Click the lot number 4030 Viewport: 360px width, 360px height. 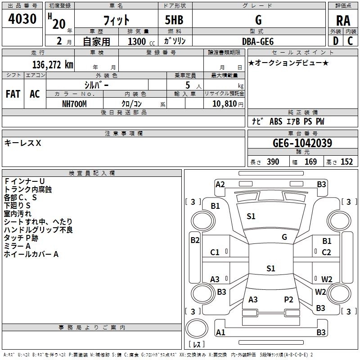pyautogui.click(x=22, y=18)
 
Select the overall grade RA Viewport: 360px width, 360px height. pyautogui.click(x=343, y=21)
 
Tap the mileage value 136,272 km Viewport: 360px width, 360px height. pyautogui.click(x=53, y=65)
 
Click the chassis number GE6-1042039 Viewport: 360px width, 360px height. pyautogui.click(x=302, y=143)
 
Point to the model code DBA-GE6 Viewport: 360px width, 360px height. pyautogui.click(x=258, y=41)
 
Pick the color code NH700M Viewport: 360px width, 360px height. pyautogui.click(x=74, y=104)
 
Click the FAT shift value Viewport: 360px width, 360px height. pyautogui.click(x=13, y=94)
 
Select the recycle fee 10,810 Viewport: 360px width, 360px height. pyautogui.click(x=225, y=104)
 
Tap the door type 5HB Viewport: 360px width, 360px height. pyautogui.click(x=174, y=20)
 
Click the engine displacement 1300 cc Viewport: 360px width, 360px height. pyautogui.click(x=141, y=41)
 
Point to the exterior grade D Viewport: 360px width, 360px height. pyautogui.click(x=336, y=41)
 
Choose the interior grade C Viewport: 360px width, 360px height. pyautogui.click(x=350, y=41)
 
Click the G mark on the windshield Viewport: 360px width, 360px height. pyautogui.click(x=284, y=237)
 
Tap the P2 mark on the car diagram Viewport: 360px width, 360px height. pyautogui.click(x=288, y=300)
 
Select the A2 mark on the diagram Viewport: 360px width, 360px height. pyautogui.click(x=220, y=184)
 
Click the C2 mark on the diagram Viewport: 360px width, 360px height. pyautogui.click(x=326, y=252)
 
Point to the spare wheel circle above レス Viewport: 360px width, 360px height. pyautogui.click(x=197, y=328)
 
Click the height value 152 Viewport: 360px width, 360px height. pyautogui.click(x=346, y=162)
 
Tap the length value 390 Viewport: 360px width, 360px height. pyautogui.click(x=273, y=162)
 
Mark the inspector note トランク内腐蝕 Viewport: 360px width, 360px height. pyautogui.click(x=28, y=189)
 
